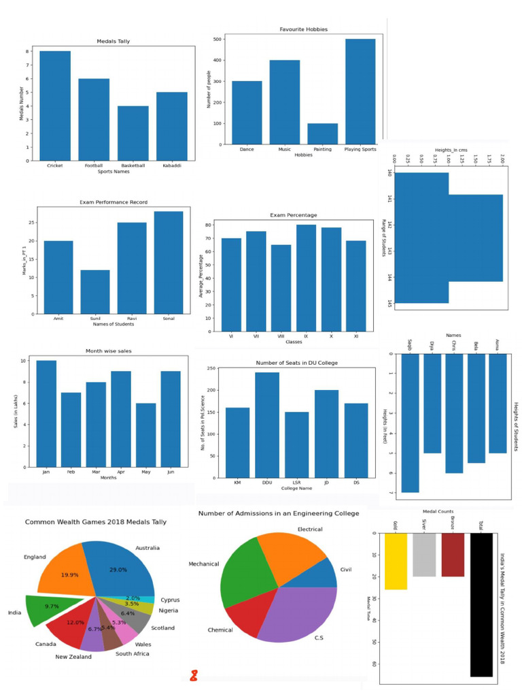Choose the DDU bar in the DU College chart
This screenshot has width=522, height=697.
pyautogui.click(x=267, y=425)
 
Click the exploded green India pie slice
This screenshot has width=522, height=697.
pyautogui.click(x=51, y=607)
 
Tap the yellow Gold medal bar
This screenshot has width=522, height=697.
pyautogui.click(x=396, y=561)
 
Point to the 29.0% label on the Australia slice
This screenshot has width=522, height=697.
pyautogui.click(x=118, y=570)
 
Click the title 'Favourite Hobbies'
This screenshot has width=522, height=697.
pyautogui.click(x=303, y=30)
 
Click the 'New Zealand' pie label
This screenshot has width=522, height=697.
pyautogui.click(x=73, y=657)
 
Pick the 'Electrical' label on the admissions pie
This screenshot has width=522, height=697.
pyautogui.click(x=314, y=530)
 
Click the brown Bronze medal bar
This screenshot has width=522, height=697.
pyautogui.click(x=451, y=555)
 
